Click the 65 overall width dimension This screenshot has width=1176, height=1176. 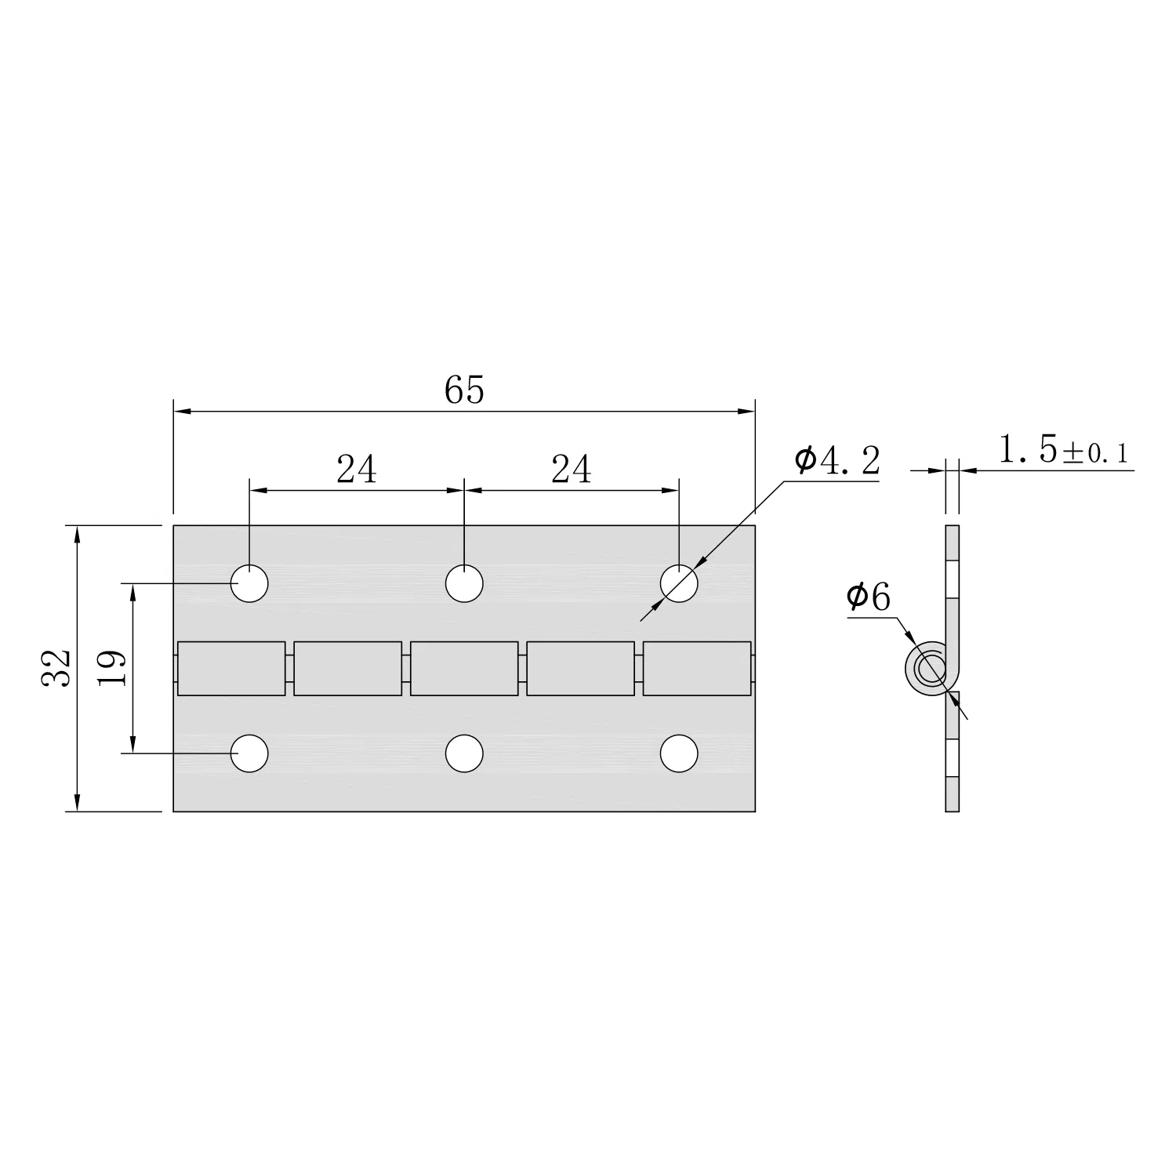464,390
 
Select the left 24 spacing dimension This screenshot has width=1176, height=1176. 357,470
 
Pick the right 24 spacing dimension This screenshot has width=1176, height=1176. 572,470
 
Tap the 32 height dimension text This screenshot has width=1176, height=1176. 57,668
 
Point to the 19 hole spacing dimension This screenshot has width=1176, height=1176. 112,668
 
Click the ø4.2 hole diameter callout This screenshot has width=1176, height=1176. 837,461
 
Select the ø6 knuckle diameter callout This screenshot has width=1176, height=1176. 869,598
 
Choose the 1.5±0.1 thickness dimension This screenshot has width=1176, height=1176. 1063,451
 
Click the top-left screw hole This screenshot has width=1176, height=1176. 249,583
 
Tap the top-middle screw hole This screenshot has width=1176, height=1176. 464,583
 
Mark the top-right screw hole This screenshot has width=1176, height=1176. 679,583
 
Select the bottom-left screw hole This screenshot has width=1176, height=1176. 249,753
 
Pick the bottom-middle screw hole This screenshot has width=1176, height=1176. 464,753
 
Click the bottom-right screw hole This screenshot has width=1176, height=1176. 679,753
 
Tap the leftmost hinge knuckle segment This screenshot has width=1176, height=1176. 231,668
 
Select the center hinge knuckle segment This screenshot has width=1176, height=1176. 464,668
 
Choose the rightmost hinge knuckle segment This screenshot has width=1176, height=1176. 696,668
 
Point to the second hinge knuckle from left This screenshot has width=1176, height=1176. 347,668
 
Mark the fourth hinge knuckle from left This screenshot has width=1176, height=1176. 580,668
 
